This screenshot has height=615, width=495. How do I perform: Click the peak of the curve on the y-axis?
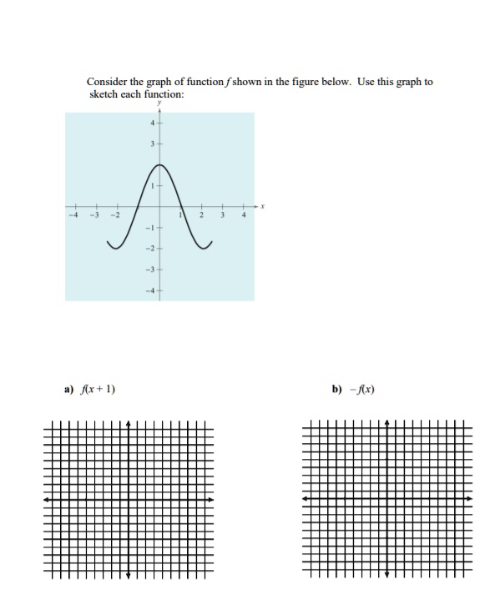[x=159, y=165]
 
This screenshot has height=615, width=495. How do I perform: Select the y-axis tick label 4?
[x=152, y=123]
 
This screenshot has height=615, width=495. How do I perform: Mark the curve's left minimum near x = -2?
[x=119, y=249]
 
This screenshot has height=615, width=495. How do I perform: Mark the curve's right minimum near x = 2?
[x=200, y=249]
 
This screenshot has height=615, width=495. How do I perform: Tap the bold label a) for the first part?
[x=68, y=389]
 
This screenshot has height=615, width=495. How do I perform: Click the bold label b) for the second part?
[x=336, y=389]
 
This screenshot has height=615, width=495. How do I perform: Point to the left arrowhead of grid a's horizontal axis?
[x=47, y=500]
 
